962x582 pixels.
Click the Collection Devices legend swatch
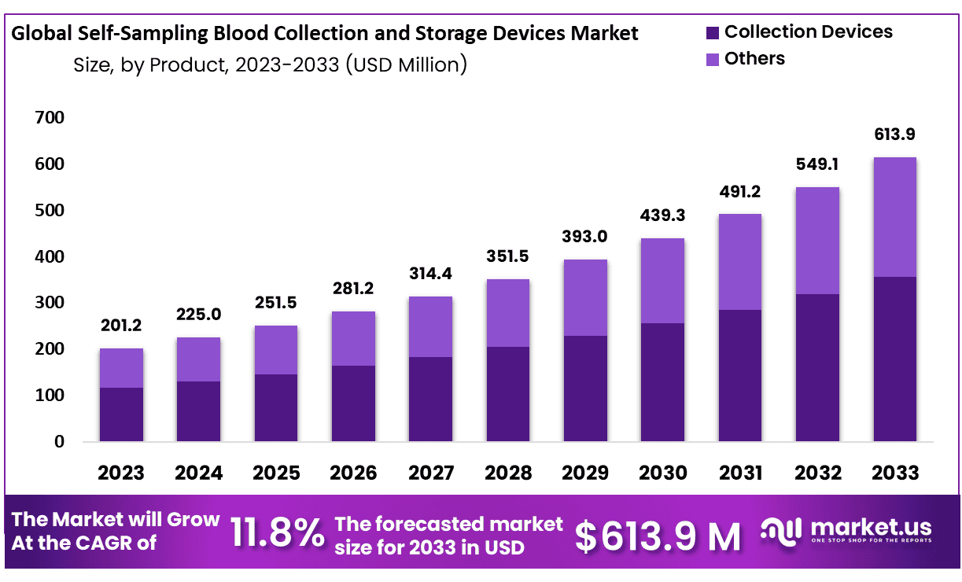click(713, 33)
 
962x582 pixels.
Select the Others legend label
click(754, 59)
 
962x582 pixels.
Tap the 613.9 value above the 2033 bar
click(895, 134)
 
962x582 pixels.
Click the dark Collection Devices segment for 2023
click(121, 414)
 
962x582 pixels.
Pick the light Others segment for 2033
click(895, 217)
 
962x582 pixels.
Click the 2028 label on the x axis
click(508, 473)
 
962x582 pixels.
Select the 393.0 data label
click(585, 237)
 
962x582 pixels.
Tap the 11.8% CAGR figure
click(277, 533)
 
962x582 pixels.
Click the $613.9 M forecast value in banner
click(658, 536)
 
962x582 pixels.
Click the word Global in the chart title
click(42, 34)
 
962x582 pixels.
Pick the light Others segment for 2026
click(353, 338)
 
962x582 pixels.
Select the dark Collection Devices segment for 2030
click(662, 381)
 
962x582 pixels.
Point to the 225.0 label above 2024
click(198, 315)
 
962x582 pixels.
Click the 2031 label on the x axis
click(740, 473)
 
